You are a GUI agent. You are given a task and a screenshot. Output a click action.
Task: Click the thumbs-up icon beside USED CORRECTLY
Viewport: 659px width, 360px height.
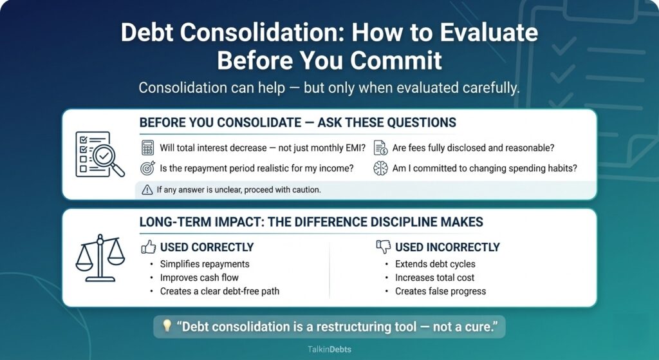148,247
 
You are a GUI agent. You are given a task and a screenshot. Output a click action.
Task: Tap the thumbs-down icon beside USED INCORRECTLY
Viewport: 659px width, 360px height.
383,247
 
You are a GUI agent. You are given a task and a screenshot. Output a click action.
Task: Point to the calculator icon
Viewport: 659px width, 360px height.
148,147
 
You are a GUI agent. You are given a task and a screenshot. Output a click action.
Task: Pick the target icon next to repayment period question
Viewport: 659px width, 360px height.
148,168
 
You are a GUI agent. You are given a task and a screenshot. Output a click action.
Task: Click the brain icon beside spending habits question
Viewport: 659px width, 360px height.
380,168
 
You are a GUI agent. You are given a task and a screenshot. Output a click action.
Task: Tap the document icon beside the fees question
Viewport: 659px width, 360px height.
380,147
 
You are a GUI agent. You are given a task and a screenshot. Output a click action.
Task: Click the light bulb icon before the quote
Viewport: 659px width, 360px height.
167,326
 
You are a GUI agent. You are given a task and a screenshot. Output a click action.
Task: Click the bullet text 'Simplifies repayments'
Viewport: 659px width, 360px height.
205,264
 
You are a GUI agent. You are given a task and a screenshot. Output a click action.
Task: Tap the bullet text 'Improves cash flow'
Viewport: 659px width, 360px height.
200,278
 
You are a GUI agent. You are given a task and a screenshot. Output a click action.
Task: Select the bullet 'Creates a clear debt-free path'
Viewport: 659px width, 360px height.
219,291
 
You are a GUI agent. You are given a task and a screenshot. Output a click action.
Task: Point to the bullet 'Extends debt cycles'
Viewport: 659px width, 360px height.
435,264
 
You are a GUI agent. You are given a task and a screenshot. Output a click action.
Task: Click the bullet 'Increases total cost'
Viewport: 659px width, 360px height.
434,278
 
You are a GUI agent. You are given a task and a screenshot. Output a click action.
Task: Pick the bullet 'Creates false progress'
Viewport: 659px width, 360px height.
440,291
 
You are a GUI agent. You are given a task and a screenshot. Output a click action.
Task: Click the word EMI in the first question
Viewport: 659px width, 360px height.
352,147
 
